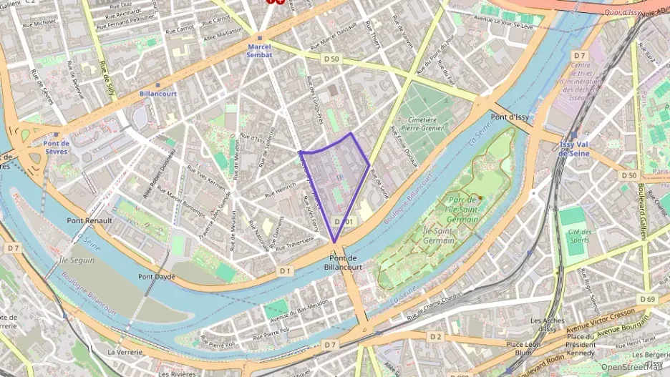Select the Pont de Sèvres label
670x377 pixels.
pos(55,147)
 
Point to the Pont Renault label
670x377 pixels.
pos(89,220)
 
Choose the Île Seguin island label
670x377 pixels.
pos(77,260)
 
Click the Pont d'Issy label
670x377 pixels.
pos(510,116)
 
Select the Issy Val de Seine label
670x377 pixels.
pos(573,148)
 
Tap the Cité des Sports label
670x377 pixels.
pos(579,236)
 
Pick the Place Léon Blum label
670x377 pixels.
pos(524,348)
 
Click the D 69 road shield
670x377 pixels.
pos(647,298)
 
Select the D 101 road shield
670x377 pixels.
pos(344,222)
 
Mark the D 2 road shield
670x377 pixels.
pos(436,336)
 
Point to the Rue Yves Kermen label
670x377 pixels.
pos(206,177)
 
